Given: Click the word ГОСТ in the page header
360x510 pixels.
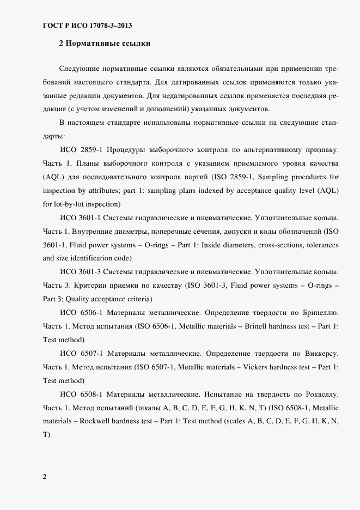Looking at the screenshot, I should tap(53, 26).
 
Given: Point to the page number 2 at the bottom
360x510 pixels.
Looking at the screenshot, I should tap(45, 477).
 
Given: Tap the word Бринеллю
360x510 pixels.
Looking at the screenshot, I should tap(318, 313).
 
